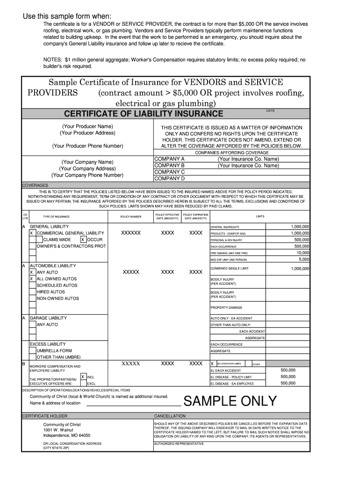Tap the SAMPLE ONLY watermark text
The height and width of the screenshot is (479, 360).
[x=230, y=401]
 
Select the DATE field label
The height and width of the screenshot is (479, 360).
[x=270, y=111]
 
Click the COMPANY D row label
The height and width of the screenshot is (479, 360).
[x=169, y=178]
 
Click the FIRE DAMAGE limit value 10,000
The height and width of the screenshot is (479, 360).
[x=302, y=253]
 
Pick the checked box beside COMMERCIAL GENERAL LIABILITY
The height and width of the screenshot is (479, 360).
[x=31, y=233]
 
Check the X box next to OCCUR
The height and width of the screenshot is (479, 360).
[x=83, y=239]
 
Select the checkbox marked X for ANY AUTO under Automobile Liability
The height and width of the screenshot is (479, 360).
[x=31, y=272]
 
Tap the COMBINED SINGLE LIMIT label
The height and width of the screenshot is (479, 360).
[x=230, y=269]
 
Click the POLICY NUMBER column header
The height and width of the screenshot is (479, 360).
[x=130, y=217]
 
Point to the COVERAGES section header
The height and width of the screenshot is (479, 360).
[x=36, y=185]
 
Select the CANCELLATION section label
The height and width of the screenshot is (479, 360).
[x=170, y=416]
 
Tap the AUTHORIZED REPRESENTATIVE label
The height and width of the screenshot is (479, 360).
[x=179, y=443]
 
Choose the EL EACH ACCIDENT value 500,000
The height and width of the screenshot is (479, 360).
[x=288, y=370]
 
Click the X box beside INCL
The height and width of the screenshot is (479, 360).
[x=83, y=377]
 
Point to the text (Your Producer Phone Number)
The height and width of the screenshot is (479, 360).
[x=88, y=146]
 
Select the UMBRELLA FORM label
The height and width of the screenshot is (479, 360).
[x=54, y=350]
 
